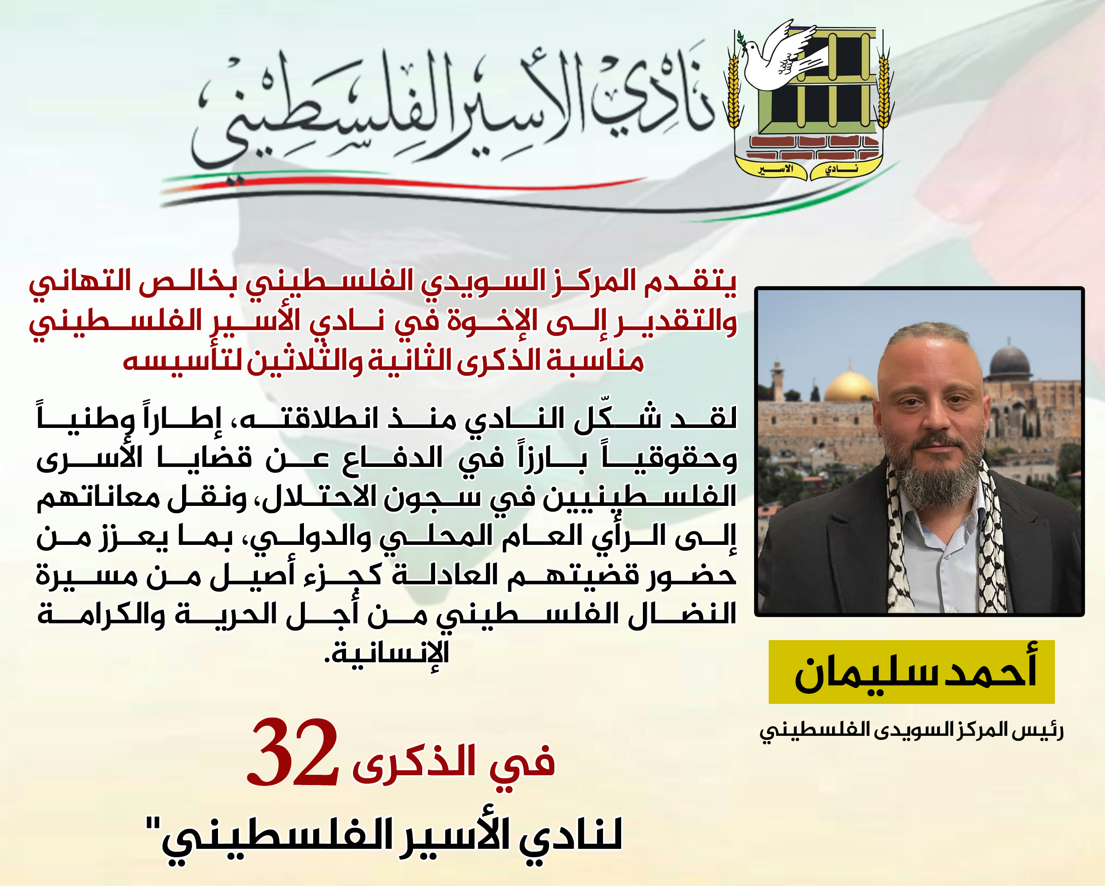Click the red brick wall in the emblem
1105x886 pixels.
pos(814,148)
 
